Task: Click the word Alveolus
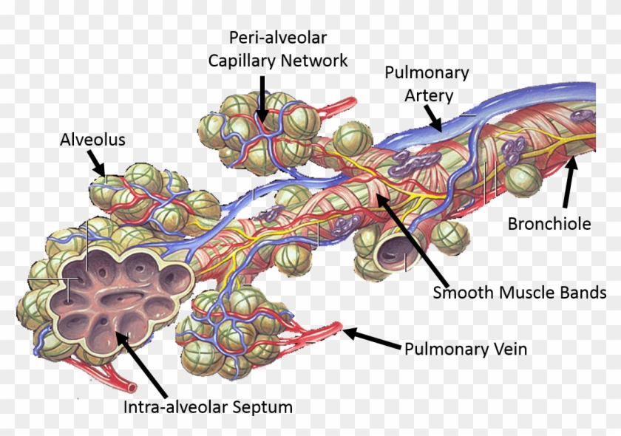point(92,140)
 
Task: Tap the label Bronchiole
point(549,223)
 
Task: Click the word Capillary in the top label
point(241,61)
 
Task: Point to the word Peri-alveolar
point(277,37)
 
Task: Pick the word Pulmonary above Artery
point(427,73)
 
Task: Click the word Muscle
point(526,293)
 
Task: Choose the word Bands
point(583,293)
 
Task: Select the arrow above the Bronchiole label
point(568,183)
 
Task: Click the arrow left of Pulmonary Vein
point(370,339)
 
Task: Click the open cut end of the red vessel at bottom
point(131,386)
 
